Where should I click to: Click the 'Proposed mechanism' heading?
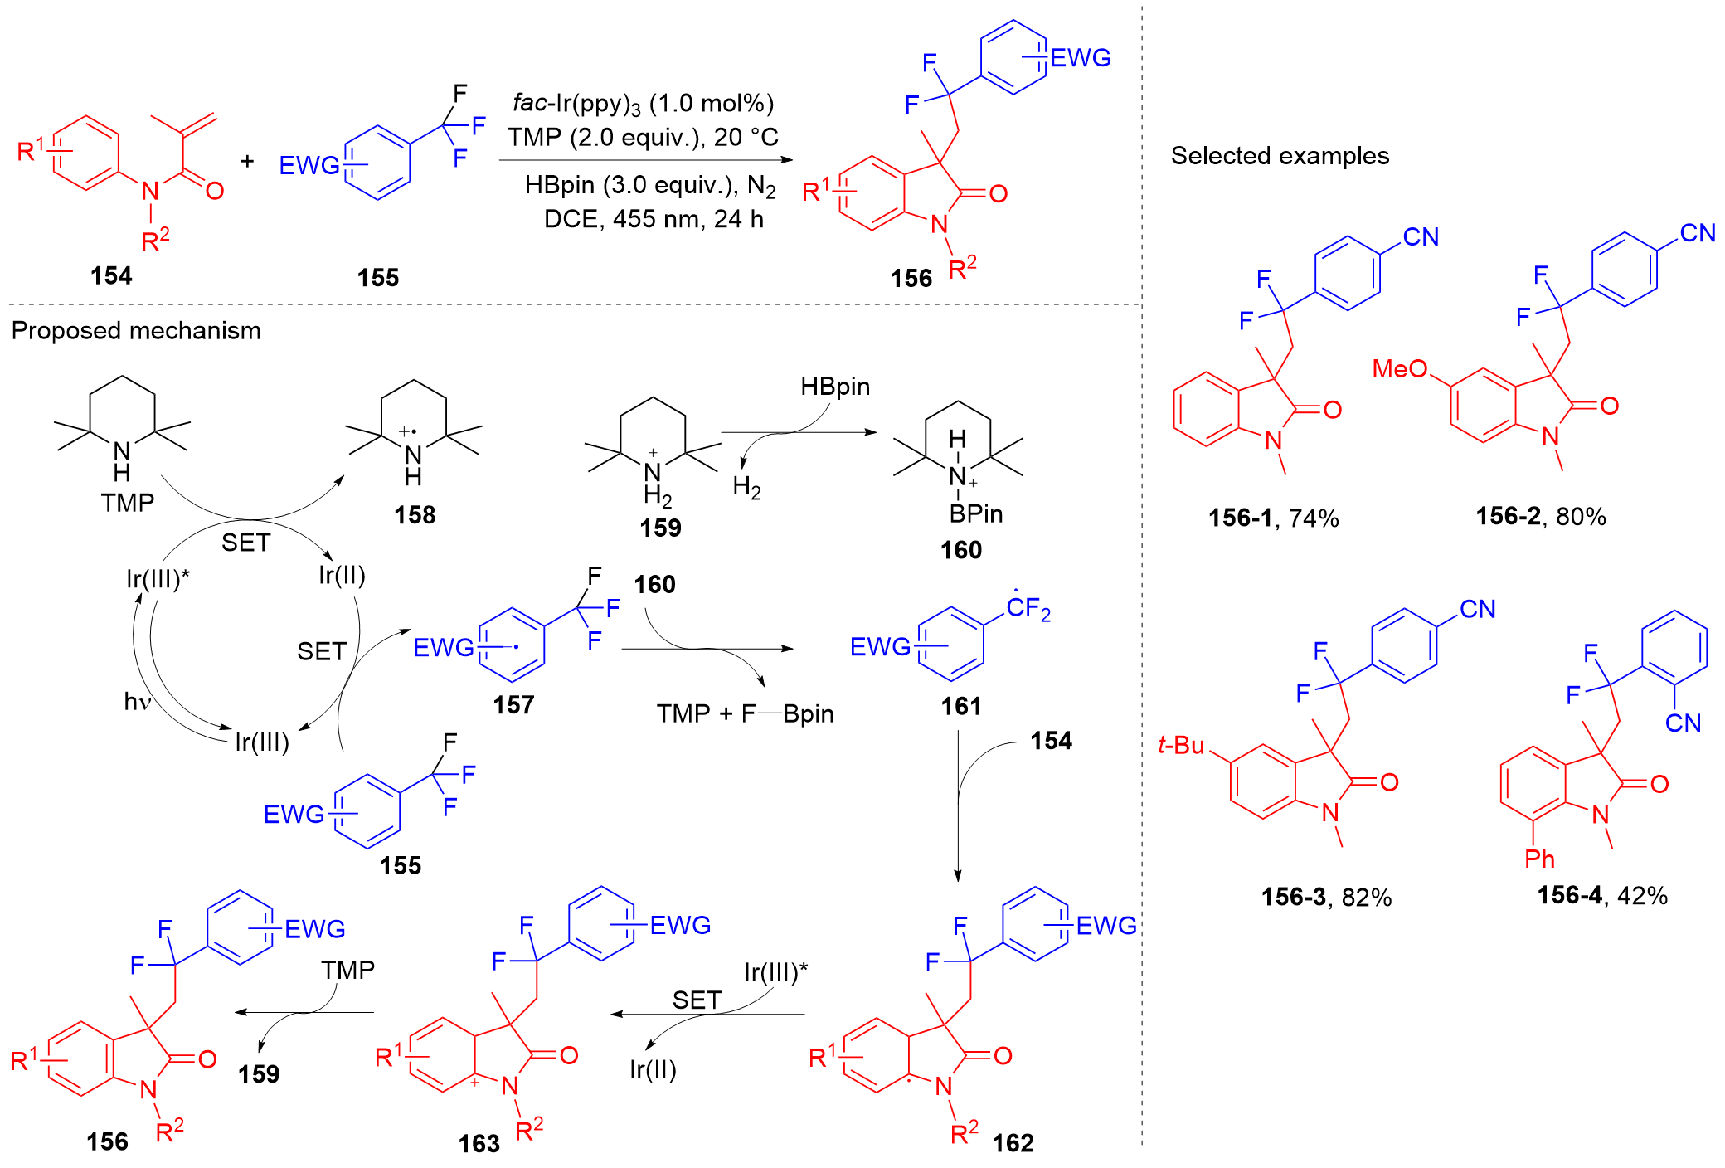coord(136,331)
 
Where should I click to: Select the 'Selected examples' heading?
coord(1279,156)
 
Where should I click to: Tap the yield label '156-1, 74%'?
coord(1273,518)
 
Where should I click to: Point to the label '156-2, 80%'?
coord(1540,517)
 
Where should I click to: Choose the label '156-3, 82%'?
coord(1326,897)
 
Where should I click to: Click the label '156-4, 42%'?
coord(1601,895)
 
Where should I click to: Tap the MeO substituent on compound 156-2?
coord(1399,368)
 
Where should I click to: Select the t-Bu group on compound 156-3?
coord(1181,745)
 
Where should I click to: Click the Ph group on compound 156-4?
coord(1539,859)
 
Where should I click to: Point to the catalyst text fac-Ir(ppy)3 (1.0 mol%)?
coord(643,104)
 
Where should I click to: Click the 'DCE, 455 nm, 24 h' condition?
coord(654,219)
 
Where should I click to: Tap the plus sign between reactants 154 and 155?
coord(247,161)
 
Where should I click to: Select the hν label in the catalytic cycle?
coord(138,702)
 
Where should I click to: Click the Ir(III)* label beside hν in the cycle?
coord(158,578)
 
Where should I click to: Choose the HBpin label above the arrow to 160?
coord(834,387)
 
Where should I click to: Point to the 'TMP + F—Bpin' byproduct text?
coord(745,713)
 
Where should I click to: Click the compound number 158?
coord(415,515)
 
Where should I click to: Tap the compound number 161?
coord(960,706)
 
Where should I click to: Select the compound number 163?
coord(479,1144)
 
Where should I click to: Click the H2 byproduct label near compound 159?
coord(746,487)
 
